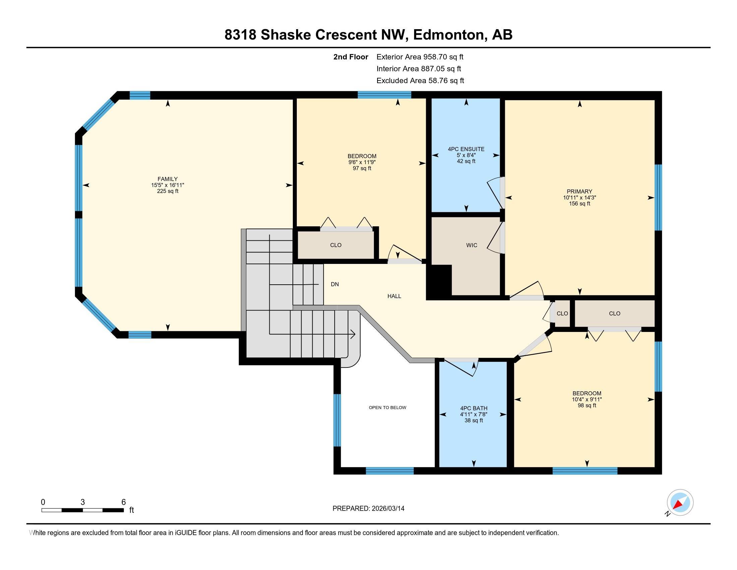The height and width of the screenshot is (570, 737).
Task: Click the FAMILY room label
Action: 167,179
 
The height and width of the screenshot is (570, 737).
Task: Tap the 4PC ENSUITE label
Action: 466,149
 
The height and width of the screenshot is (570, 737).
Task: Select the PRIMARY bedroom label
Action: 580,191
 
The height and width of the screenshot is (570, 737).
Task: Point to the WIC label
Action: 472,245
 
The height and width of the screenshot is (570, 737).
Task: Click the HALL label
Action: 394,296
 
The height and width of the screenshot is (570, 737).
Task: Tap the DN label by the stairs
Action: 335,284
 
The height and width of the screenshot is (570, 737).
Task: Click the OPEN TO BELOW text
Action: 387,408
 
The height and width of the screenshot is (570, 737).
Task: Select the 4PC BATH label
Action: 474,408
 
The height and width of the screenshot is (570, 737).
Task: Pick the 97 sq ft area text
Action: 362,168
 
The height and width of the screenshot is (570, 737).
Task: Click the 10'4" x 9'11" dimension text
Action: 587,399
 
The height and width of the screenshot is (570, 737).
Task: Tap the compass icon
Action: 680,502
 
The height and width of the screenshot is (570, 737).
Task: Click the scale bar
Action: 83,510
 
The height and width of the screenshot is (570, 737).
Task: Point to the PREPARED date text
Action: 368,508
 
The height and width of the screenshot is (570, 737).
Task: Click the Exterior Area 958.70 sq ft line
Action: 420,57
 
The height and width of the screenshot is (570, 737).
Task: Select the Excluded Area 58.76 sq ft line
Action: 420,80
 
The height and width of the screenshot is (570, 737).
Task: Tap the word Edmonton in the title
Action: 449,35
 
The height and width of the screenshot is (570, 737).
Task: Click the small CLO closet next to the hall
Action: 562,313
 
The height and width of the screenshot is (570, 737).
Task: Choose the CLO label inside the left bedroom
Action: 336,245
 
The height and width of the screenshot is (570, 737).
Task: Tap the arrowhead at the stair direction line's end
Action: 353,334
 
